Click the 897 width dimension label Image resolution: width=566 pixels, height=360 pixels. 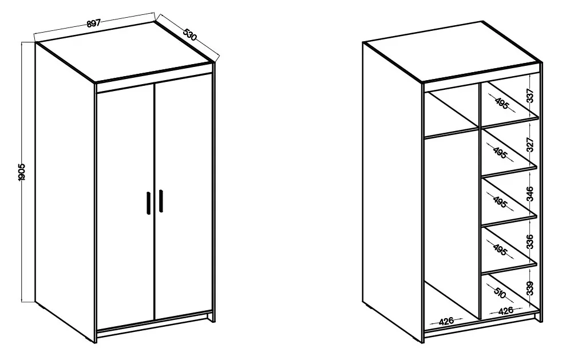pyautogui.click(x=93, y=23)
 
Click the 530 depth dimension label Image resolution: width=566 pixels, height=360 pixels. pyautogui.click(x=189, y=34)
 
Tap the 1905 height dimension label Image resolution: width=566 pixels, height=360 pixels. pyautogui.click(x=22, y=172)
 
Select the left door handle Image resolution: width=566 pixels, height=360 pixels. pyautogui.click(x=148, y=203)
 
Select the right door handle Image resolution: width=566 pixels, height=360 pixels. pyautogui.click(x=161, y=200)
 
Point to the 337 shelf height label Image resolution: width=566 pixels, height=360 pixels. pyautogui.click(x=530, y=96)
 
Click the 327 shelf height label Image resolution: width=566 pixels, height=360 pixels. pyautogui.click(x=530, y=145)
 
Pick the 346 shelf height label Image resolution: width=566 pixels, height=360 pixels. pyautogui.click(x=530, y=194)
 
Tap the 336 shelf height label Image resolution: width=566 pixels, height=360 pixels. pyautogui.click(x=530, y=242)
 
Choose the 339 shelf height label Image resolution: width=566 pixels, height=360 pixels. pyautogui.click(x=530, y=288)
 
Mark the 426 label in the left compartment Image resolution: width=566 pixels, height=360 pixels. pyautogui.click(x=446, y=321)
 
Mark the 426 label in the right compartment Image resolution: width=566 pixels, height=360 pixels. pyautogui.click(x=505, y=311)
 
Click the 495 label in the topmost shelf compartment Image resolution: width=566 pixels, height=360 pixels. pyautogui.click(x=501, y=103)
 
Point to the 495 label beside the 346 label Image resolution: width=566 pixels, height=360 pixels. pyautogui.click(x=500, y=202)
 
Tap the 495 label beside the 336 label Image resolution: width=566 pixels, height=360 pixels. pyautogui.click(x=500, y=250)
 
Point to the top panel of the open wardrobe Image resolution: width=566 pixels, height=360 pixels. pyautogui.click(x=453, y=52)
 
